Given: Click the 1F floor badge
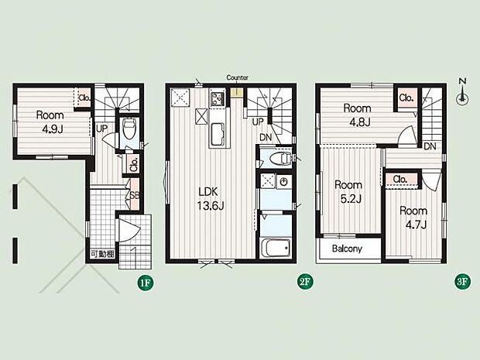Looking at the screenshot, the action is (x=145, y=283).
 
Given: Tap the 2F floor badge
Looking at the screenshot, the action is (x=305, y=282).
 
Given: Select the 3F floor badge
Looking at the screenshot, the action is (x=462, y=282).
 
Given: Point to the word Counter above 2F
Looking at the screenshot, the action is (x=237, y=77).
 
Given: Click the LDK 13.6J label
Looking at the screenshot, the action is (x=210, y=199).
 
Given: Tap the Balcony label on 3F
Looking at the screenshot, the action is (x=347, y=249).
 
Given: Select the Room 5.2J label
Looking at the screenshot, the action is (x=348, y=192).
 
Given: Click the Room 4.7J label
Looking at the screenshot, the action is (x=413, y=218).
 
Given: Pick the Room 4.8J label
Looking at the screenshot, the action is (x=357, y=115).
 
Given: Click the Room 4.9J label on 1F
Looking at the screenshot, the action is (x=50, y=122).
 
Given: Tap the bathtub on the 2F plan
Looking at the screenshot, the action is (x=276, y=248).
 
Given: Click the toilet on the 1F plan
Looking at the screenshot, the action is (x=129, y=129).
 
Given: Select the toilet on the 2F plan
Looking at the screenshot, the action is (x=280, y=158).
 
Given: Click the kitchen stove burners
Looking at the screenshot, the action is (x=218, y=98).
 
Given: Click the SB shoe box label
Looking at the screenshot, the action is (x=135, y=195).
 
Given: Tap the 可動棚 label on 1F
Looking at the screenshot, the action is (x=102, y=254).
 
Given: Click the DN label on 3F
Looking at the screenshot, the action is (x=430, y=146).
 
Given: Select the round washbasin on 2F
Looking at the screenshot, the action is (x=284, y=182).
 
